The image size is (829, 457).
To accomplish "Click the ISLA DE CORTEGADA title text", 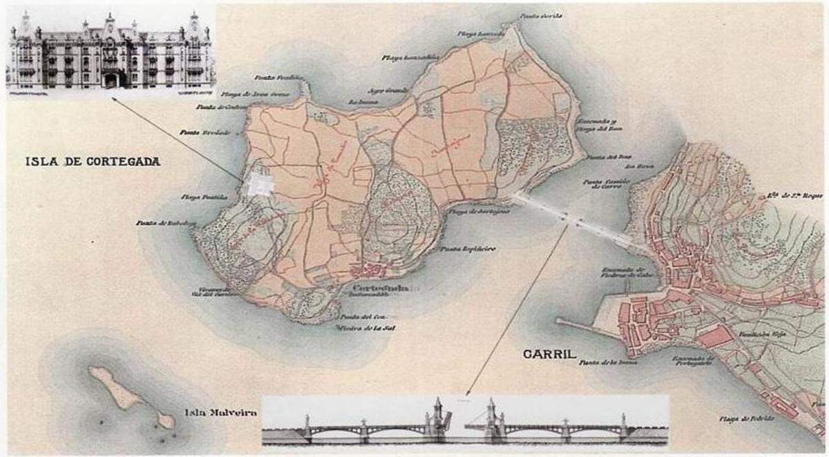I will pyautogui.click(x=93, y=162).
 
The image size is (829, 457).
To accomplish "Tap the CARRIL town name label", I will pyautogui.click(x=551, y=355).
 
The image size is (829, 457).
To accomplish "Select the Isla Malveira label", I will pyautogui.click(x=221, y=413).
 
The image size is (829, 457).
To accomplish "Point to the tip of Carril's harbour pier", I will pyautogui.click(x=558, y=320).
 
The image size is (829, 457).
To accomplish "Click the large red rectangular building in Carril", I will pyautogui.click(x=716, y=336).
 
